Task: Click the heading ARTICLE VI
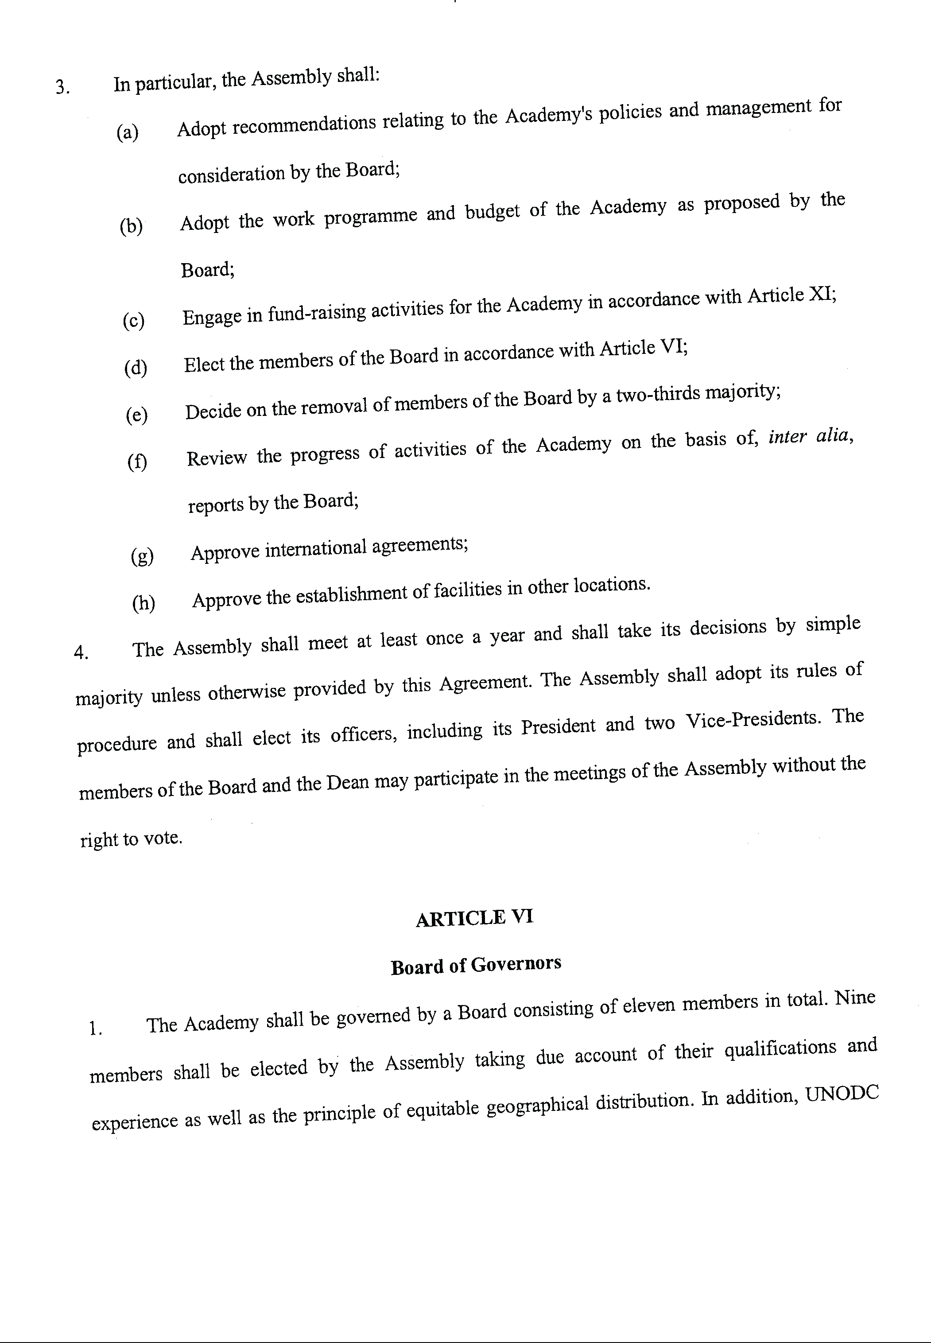[474, 919]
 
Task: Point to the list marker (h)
[144, 603]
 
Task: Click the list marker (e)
[136, 415]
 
